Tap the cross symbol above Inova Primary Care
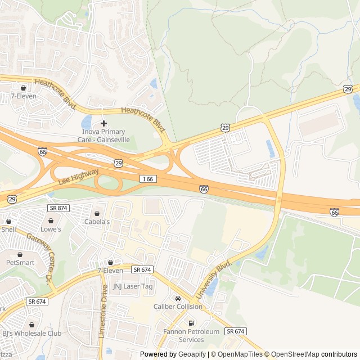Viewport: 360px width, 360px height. [103, 123]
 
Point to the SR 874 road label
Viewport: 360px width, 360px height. [58, 208]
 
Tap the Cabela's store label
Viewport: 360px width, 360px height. [97, 222]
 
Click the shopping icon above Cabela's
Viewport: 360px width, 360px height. [97, 214]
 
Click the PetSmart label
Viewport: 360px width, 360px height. [20, 262]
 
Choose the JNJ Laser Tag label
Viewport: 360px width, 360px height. [133, 286]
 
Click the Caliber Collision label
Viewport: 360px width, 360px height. [178, 307]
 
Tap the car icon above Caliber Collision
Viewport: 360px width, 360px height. [178, 298]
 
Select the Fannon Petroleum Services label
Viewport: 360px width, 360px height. [191, 336]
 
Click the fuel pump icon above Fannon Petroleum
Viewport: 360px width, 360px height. [191, 323]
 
